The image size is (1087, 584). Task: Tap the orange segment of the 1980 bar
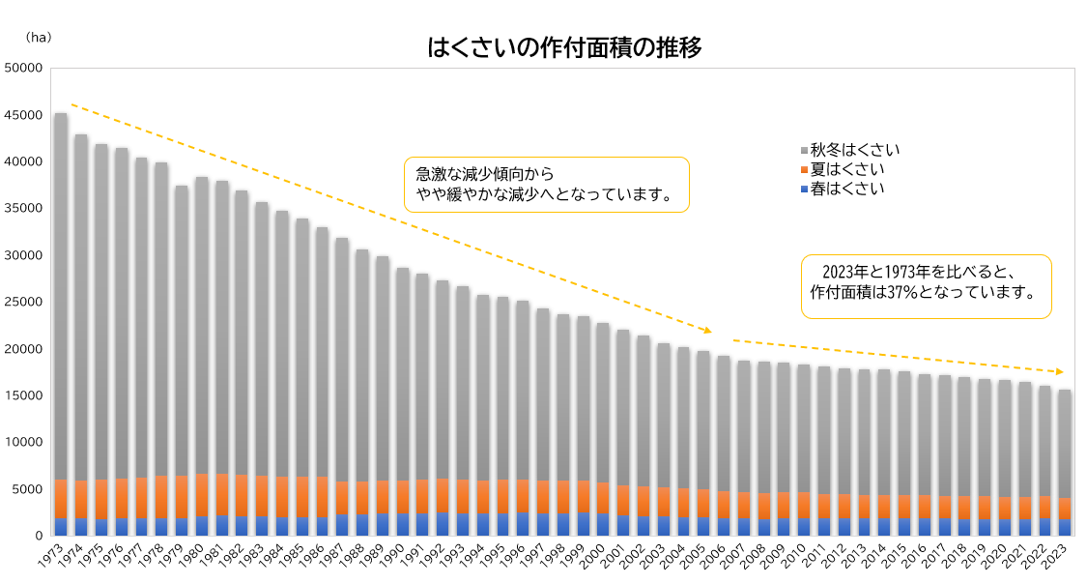(202, 495)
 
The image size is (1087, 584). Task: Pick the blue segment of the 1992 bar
(443, 523)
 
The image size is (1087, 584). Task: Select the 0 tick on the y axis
(39, 536)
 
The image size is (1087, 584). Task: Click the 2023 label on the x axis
(1061, 558)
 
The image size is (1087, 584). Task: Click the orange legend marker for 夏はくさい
(804, 170)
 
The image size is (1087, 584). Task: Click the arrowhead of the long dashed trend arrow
(708, 331)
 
